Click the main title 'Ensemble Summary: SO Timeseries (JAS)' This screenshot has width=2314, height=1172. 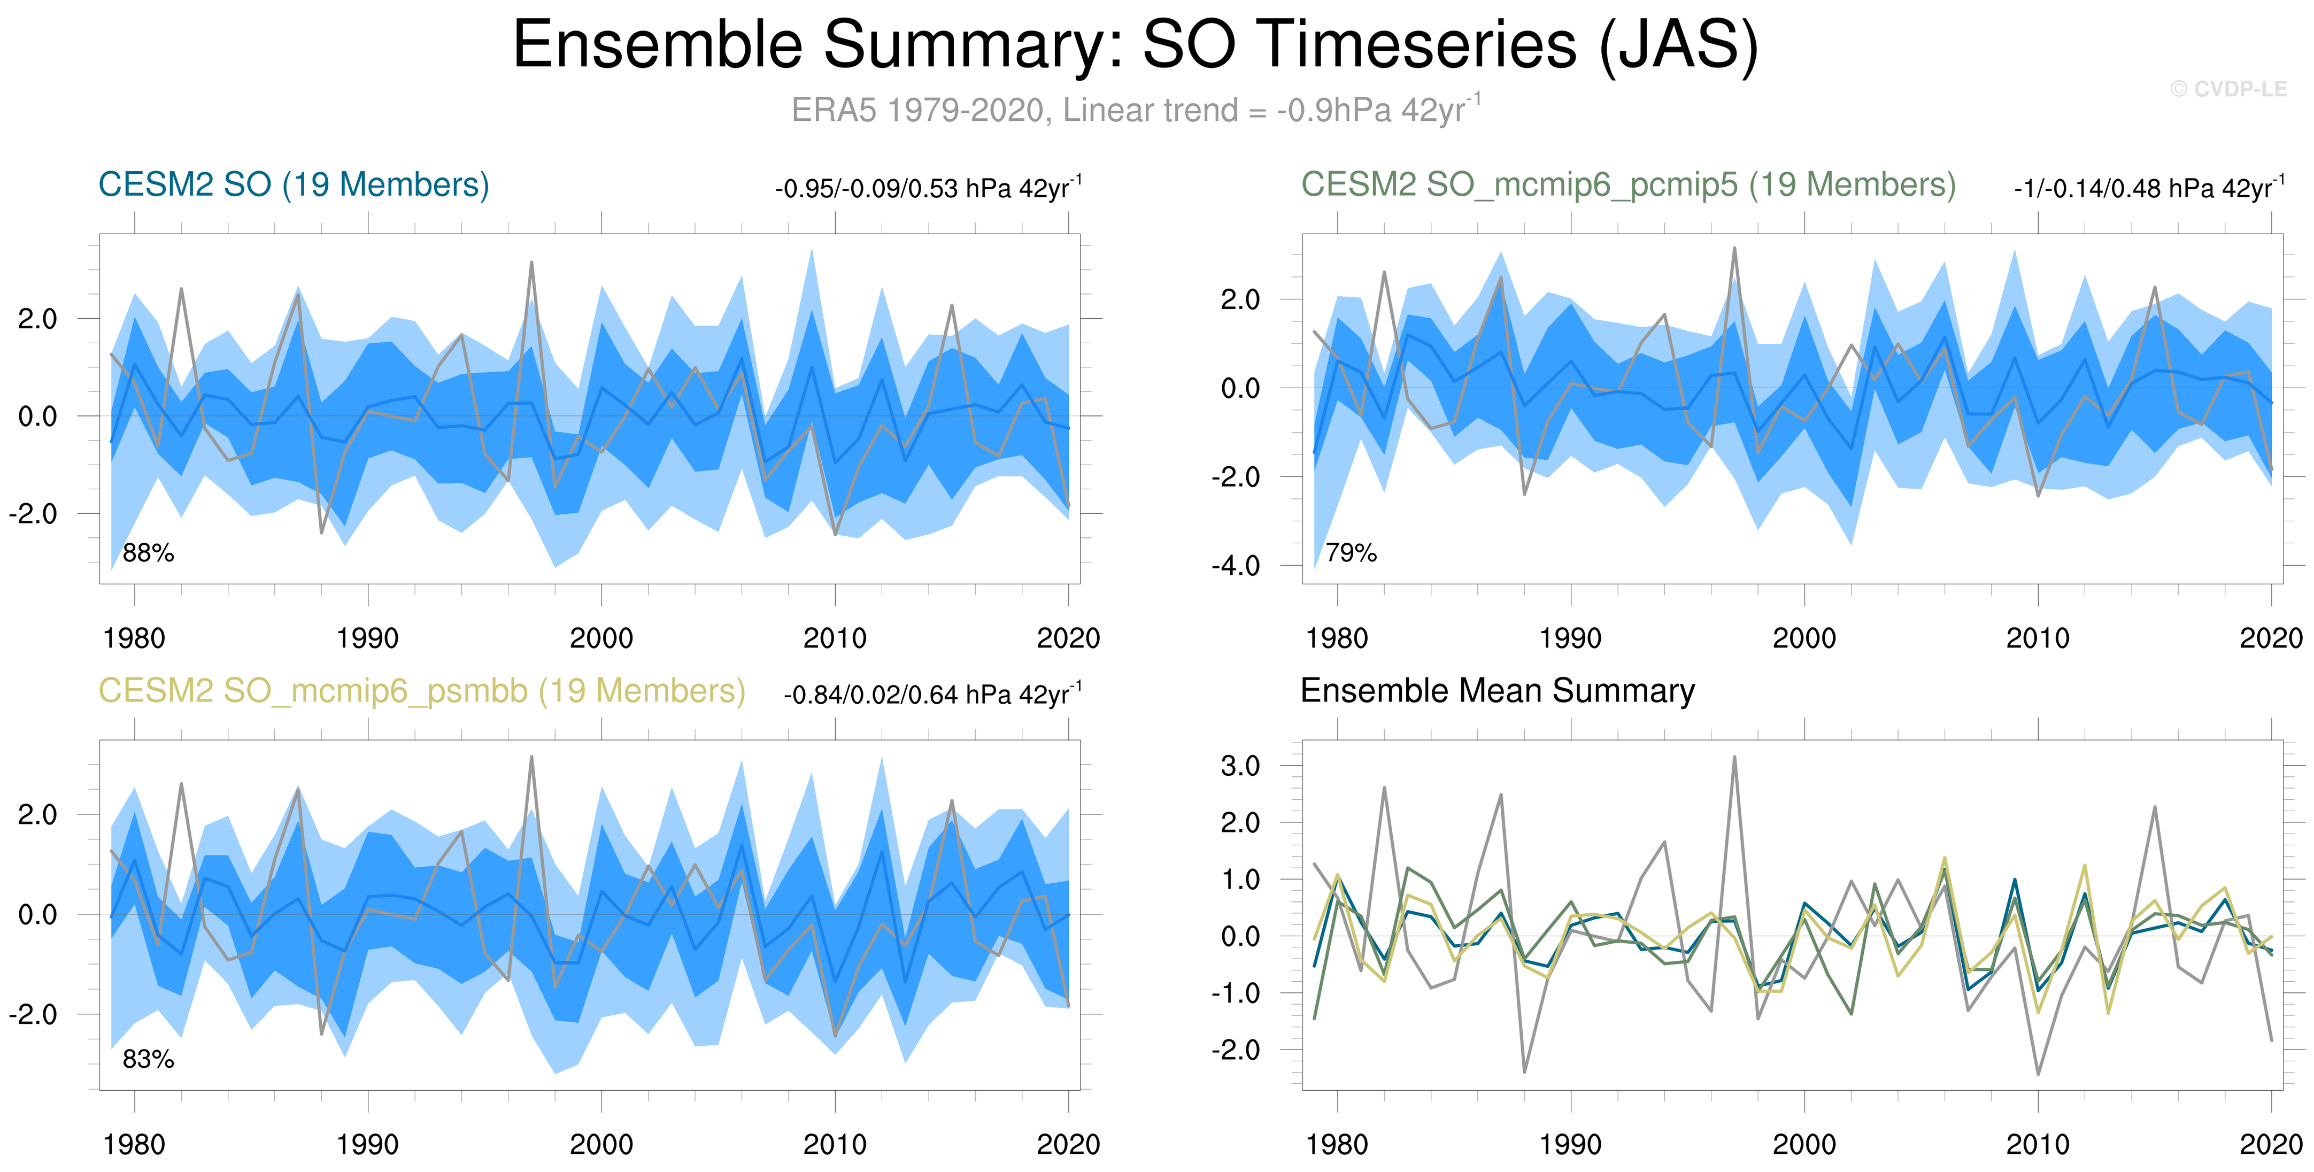(x=1136, y=45)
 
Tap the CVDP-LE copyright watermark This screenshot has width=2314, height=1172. (x=2228, y=89)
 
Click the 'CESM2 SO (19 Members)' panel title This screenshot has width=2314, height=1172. (x=294, y=185)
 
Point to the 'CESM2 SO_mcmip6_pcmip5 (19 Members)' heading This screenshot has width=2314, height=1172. (x=1627, y=185)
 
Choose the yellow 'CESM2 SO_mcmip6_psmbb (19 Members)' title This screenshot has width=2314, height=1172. (x=421, y=691)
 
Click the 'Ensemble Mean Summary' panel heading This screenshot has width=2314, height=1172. (x=1498, y=691)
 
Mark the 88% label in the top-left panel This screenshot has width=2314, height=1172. (x=148, y=553)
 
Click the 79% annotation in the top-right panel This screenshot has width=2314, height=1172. (x=1351, y=553)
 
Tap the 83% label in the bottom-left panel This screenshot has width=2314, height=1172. (x=148, y=1060)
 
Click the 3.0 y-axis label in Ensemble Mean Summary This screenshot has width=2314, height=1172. (x=1240, y=766)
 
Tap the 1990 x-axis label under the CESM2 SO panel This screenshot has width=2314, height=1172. (x=367, y=638)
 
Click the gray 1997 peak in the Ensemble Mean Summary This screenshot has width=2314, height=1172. (x=1734, y=757)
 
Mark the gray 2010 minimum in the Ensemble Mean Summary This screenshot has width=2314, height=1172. (x=2038, y=1073)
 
